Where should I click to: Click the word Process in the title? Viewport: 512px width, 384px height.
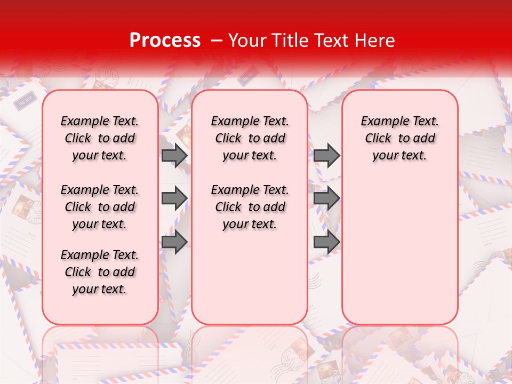pos(165,41)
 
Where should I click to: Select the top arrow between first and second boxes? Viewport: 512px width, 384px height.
pos(174,155)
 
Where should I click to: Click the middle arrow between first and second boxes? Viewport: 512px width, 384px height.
pos(174,198)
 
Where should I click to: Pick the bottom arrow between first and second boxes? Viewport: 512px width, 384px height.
pos(174,242)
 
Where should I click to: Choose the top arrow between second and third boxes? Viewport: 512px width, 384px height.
pos(326,155)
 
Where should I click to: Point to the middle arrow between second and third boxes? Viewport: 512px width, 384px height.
pos(326,198)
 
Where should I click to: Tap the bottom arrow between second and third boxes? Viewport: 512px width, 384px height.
pos(326,242)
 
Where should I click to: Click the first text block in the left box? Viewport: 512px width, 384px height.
pos(100,138)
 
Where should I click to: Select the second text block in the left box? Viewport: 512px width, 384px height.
pos(100,207)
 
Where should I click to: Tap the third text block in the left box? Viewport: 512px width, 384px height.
pos(100,272)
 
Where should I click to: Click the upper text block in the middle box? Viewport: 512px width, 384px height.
pos(250,138)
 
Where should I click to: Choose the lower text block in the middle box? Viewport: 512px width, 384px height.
pos(250,207)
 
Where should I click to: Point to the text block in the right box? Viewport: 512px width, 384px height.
pos(400,138)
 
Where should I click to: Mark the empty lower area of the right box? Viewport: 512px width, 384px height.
pos(400,251)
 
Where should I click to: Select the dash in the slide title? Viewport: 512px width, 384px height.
pos(217,41)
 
